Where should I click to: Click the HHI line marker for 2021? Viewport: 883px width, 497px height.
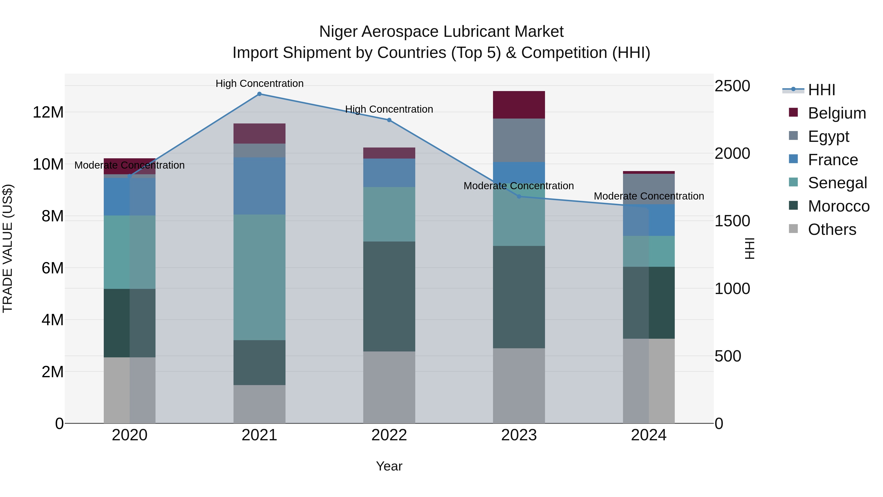(259, 94)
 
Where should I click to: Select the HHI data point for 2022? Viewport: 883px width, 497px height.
(389, 120)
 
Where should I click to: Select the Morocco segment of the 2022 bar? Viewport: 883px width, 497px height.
(389, 296)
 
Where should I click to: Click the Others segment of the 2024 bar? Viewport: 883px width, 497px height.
(649, 381)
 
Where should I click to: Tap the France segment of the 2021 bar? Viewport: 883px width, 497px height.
(259, 186)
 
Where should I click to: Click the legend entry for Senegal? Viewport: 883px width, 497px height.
(837, 183)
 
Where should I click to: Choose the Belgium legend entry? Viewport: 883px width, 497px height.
(836, 113)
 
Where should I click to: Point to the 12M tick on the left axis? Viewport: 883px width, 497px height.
(48, 112)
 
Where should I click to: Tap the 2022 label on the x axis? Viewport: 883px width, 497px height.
(389, 435)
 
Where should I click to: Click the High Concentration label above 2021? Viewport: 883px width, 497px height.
(260, 83)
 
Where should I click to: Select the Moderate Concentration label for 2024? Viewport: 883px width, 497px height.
(649, 196)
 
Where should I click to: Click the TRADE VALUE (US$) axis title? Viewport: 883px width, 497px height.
(8, 248)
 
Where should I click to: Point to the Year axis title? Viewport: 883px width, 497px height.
(389, 466)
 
